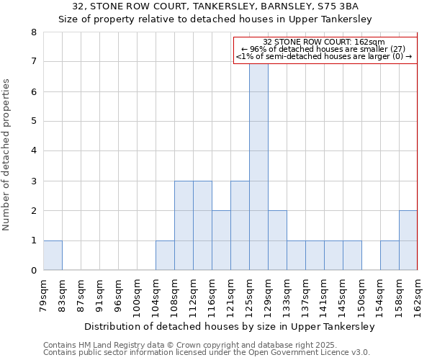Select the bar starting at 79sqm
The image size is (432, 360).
tap(53, 256)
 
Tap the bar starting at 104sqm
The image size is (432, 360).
tap(165, 256)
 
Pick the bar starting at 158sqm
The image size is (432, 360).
tap(408, 240)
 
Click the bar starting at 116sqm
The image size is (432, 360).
tap(221, 240)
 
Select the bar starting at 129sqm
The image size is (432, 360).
tap(277, 240)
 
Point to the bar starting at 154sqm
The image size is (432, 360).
tap(390, 256)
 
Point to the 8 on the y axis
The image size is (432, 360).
tap(34, 32)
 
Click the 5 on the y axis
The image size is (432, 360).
tap(34, 122)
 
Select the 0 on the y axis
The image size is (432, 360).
tap(34, 271)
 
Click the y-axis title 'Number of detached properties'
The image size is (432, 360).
tap(7, 155)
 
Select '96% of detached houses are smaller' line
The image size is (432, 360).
tap(325, 49)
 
